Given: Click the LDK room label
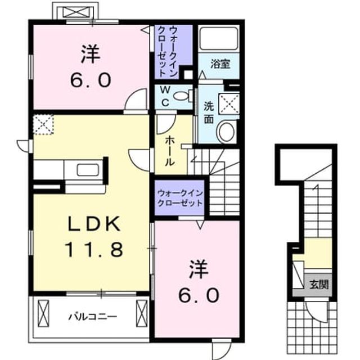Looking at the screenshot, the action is (x=94, y=224).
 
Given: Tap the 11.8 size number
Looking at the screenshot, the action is (x=94, y=250).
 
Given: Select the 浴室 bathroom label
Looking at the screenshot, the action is (x=220, y=64).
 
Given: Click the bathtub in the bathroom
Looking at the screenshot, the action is (x=219, y=38).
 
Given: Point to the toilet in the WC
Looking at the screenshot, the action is (x=183, y=96).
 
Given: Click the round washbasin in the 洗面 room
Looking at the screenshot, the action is (x=227, y=132).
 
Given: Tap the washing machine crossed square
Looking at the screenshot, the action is (x=229, y=103).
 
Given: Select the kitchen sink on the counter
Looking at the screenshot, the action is (x=88, y=170).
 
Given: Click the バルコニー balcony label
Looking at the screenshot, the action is (x=93, y=317).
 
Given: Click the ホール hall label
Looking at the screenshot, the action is (x=169, y=151).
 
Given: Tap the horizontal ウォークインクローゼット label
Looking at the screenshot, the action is (x=180, y=198).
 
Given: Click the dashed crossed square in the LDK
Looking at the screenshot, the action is (x=43, y=124).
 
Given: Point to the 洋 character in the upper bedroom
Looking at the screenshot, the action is (x=91, y=54).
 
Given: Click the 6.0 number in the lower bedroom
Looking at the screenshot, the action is (x=199, y=296).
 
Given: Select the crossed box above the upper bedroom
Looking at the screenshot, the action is (x=75, y=12).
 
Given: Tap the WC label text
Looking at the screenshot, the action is (x=165, y=97).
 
